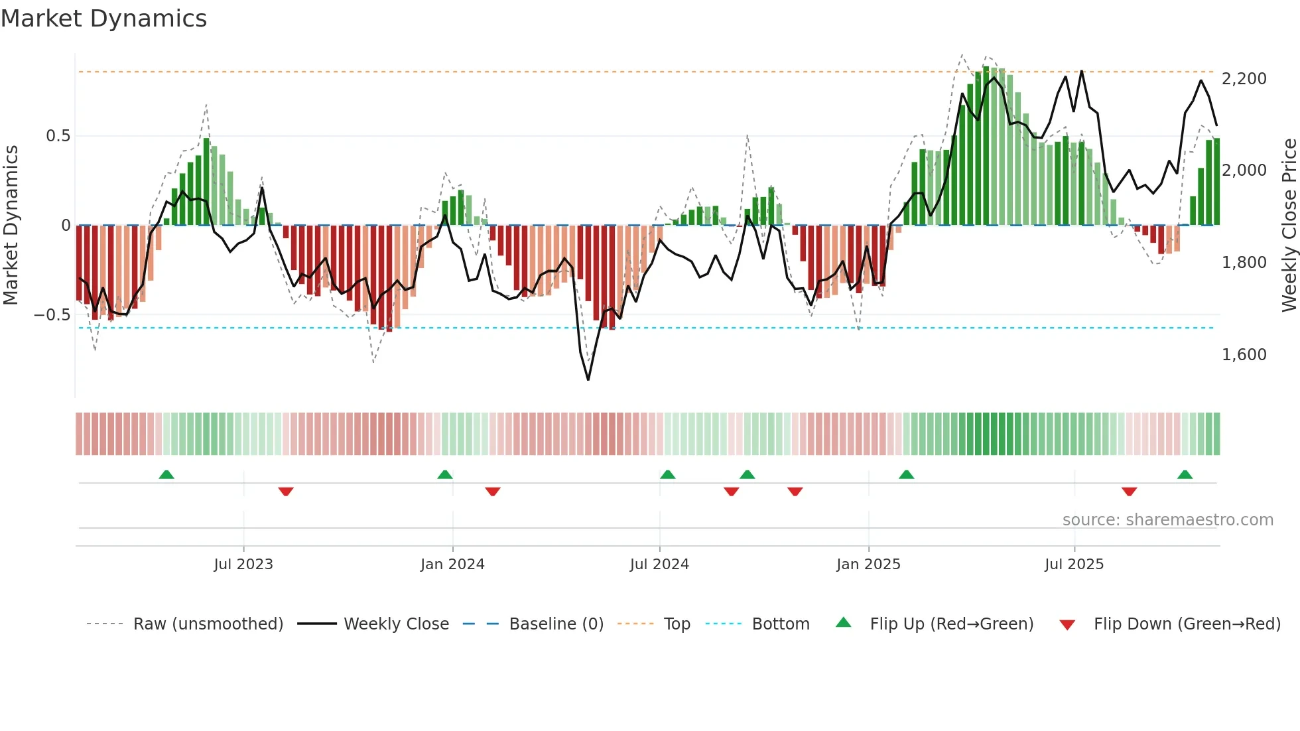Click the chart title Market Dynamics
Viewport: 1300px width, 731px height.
click(x=103, y=19)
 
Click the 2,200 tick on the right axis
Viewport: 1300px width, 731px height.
click(x=1244, y=79)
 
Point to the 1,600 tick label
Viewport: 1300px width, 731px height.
click(x=1244, y=355)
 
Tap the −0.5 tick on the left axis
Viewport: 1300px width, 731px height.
click(x=52, y=315)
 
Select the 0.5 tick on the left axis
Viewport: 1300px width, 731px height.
click(x=58, y=136)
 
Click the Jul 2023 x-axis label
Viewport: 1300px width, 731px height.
click(x=243, y=565)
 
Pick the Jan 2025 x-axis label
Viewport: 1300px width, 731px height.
click(x=868, y=565)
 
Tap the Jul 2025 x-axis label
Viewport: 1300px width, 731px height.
click(x=1074, y=565)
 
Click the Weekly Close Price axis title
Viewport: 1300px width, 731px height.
click(x=1289, y=225)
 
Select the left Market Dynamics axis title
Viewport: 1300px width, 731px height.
click(x=11, y=225)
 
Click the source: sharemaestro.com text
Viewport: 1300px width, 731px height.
click(x=1167, y=520)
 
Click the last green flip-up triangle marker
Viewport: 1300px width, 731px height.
click(x=1185, y=475)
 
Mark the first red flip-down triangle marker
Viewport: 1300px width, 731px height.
click(x=286, y=492)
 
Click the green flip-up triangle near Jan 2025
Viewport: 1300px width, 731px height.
click(x=906, y=475)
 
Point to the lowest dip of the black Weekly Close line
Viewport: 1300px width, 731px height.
click(x=588, y=379)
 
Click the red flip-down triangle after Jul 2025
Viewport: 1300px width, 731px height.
click(x=1129, y=492)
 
